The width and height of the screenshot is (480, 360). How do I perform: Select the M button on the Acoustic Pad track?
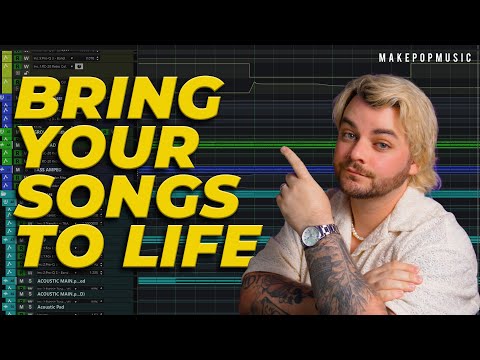[19, 311]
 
